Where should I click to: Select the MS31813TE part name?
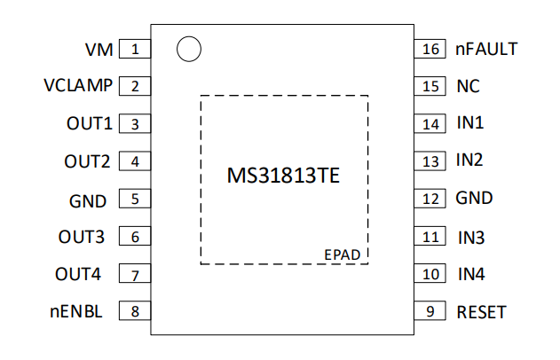click(x=283, y=176)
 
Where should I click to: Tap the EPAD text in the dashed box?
click(x=343, y=254)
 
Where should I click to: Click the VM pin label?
click(x=99, y=50)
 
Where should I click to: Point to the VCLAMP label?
click(x=78, y=85)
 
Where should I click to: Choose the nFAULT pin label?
click(x=486, y=49)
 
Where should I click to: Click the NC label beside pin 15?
click(x=469, y=86)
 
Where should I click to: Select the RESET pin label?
click(x=481, y=312)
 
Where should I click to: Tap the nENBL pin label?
click(x=76, y=311)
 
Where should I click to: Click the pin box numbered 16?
click(x=430, y=49)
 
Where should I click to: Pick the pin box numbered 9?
click(x=430, y=310)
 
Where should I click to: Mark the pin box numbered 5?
click(x=135, y=199)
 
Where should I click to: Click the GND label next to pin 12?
click(x=474, y=198)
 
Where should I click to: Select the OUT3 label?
click(x=82, y=237)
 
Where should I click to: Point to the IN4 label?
click(x=471, y=274)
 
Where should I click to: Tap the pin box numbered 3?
click(x=135, y=123)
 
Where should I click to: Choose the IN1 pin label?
click(x=470, y=122)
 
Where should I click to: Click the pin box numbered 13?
click(x=430, y=160)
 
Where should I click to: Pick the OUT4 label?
click(x=78, y=274)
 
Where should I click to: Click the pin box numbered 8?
click(x=135, y=310)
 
